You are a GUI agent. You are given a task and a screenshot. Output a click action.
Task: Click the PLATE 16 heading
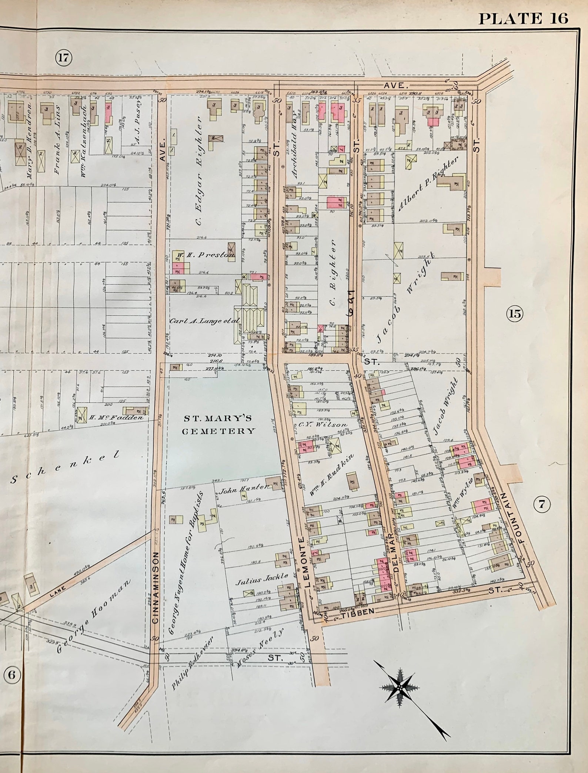[523, 18]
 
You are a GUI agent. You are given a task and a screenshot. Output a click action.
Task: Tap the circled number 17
[63, 58]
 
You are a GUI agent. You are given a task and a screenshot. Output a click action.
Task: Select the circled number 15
[515, 314]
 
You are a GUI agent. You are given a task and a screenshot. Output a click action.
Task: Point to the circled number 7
[542, 504]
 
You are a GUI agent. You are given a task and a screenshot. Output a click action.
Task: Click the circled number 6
[11, 674]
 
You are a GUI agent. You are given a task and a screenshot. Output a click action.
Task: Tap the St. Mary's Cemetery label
[220, 424]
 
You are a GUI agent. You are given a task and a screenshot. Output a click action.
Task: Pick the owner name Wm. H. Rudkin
[333, 474]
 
